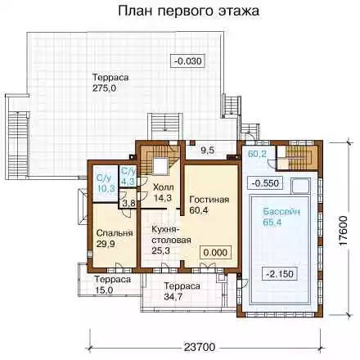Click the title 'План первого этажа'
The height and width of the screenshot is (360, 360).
(x=189, y=11)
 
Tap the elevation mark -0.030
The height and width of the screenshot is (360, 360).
(x=187, y=61)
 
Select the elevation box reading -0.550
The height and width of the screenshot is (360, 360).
(x=265, y=183)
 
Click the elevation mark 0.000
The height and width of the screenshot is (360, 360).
(x=215, y=253)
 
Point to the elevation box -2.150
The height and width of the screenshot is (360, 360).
(x=280, y=273)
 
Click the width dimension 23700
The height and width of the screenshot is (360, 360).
(x=200, y=348)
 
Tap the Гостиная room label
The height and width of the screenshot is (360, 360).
(x=209, y=200)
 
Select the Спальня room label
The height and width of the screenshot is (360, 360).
(x=115, y=233)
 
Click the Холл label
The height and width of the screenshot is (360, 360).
(x=164, y=187)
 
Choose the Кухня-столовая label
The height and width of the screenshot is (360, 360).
(x=171, y=235)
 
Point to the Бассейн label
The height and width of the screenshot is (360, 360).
(x=281, y=212)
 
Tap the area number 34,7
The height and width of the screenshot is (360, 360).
(x=174, y=297)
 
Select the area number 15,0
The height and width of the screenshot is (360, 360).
(x=104, y=290)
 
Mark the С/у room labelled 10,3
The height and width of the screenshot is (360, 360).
(x=105, y=183)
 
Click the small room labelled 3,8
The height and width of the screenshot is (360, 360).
(x=128, y=199)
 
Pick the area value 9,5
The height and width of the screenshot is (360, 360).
(x=208, y=151)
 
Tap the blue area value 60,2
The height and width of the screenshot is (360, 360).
(x=257, y=154)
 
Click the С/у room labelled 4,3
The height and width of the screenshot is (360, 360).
(x=128, y=176)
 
